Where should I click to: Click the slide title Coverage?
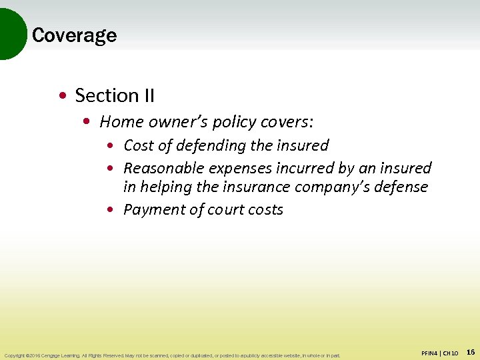tap(74, 35)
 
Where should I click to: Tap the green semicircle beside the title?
tap(12, 33)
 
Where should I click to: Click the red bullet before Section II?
tap(62, 97)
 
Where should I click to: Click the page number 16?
tap(470, 352)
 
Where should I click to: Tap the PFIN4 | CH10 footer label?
tap(439, 353)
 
